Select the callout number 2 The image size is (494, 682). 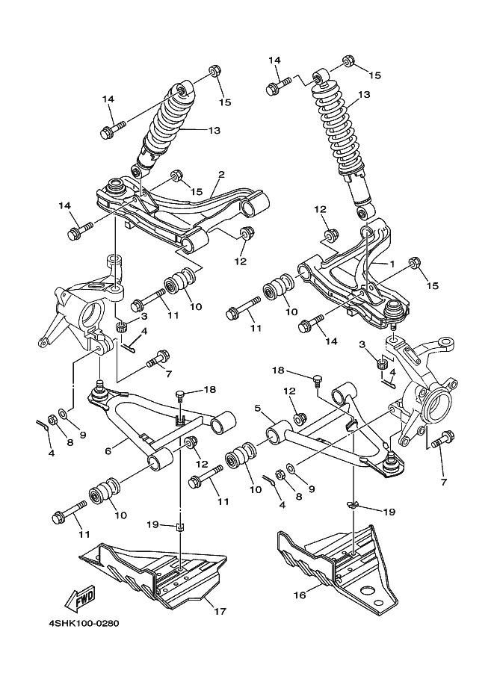tap(221, 176)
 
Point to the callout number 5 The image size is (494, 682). tap(258, 409)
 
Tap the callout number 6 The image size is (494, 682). tap(108, 450)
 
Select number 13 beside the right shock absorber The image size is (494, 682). tap(364, 95)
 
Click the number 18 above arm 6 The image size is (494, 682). tap(209, 390)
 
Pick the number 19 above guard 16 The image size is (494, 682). tap(389, 512)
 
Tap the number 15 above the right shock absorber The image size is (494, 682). tap(374, 75)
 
